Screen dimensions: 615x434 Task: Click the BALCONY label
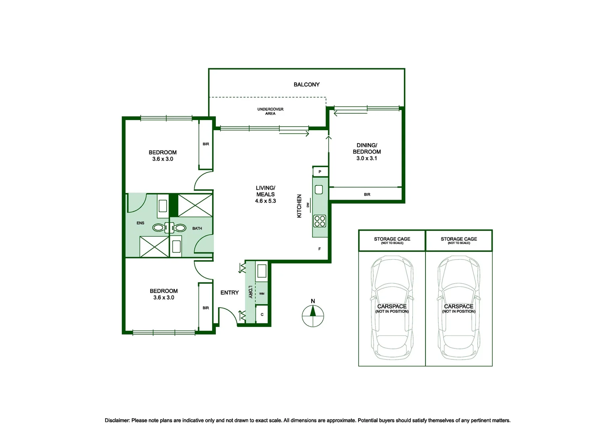(306, 84)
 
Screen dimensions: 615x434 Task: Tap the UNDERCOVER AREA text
(270, 111)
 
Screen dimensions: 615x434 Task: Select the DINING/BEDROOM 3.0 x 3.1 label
(367, 151)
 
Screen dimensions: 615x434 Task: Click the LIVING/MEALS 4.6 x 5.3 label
(265, 194)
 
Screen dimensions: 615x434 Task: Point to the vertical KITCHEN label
(299, 206)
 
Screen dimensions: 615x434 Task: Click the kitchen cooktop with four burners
(320, 221)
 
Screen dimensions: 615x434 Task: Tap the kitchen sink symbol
(319, 189)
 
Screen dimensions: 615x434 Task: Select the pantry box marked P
(320, 172)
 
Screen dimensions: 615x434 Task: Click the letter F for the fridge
(319, 249)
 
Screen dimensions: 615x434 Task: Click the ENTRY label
(229, 293)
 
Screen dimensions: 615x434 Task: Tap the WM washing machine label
(262, 294)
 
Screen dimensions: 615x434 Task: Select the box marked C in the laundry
(262, 314)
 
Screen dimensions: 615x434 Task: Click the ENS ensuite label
(140, 223)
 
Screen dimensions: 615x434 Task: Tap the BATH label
(197, 228)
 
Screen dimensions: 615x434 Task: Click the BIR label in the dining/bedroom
(367, 194)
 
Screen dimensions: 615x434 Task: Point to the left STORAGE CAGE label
(392, 240)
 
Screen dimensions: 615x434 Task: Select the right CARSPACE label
(458, 308)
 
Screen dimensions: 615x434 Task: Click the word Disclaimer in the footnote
(117, 420)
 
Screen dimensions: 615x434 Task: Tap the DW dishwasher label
(308, 205)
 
